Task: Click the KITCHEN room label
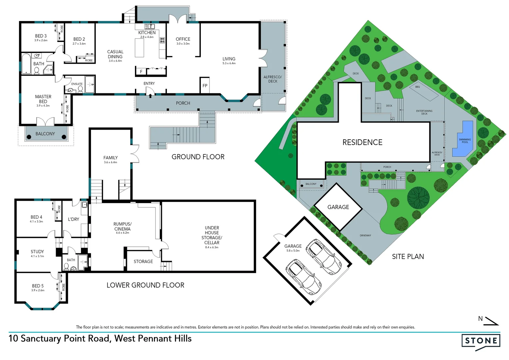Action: point(147,33)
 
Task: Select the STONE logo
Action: point(481,341)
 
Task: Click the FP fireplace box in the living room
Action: point(205,86)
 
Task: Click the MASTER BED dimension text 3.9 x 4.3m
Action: point(43,106)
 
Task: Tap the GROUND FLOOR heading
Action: point(198,157)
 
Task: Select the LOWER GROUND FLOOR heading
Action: point(145,285)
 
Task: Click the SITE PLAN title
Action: point(408,256)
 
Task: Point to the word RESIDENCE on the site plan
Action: point(362,142)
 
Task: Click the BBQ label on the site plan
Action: point(417,87)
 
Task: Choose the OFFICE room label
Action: point(183,39)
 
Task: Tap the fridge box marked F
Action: point(141,72)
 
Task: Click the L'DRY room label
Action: point(74,219)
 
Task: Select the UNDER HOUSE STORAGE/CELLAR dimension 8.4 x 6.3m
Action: point(212,247)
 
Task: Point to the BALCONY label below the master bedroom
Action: point(45,134)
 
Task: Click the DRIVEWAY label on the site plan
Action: point(365,235)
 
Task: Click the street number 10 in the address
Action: point(13,339)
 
